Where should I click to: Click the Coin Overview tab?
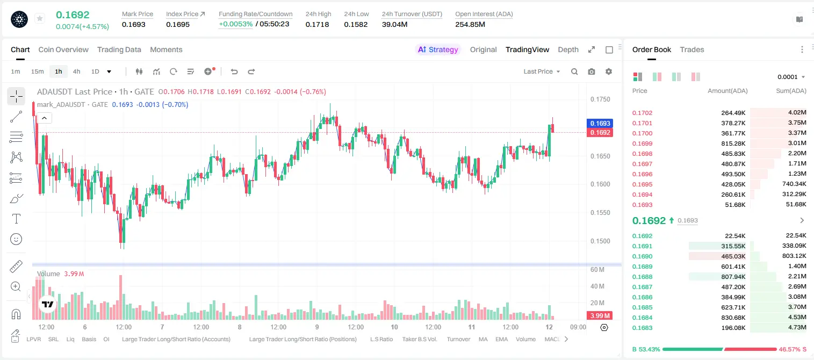(63, 49)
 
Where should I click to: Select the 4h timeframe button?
(76, 71)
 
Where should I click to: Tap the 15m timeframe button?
(38, 71)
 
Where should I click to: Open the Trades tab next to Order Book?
(692, 49)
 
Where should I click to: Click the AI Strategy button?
(438, 49)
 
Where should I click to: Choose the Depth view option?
(568, 49)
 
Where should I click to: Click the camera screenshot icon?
(592, 71)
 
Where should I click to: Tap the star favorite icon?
(40, 18)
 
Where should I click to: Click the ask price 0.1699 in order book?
(642, 143)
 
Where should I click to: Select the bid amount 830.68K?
(733, 318)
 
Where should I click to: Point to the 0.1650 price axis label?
(600, 156)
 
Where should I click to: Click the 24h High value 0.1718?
(317, 24)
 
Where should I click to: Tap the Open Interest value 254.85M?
(470, 24)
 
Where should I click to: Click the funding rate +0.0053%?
(235, 24)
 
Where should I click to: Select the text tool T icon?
(16, 219)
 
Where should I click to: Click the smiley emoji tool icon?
(16, 239)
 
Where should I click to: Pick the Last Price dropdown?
(542, 71)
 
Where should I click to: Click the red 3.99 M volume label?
(600, 316)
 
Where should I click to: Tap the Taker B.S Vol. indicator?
(419, 339)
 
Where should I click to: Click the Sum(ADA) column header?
(791, 91)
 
